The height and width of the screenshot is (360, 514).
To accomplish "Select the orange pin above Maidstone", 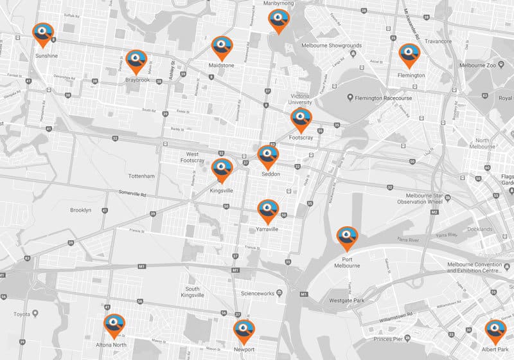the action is (x=221, y=47).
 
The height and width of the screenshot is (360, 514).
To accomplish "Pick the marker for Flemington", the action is (x=409, y=55).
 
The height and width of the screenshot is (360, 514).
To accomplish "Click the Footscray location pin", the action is (x=301, y=119).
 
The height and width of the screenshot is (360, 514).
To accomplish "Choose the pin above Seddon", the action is (x=268, y=156).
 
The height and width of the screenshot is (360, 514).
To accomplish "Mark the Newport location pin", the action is (x=244, y=330).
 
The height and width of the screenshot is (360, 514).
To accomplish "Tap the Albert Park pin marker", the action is (x=495, y=330).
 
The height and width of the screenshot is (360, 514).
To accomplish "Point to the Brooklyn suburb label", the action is (x=80, y=210).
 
